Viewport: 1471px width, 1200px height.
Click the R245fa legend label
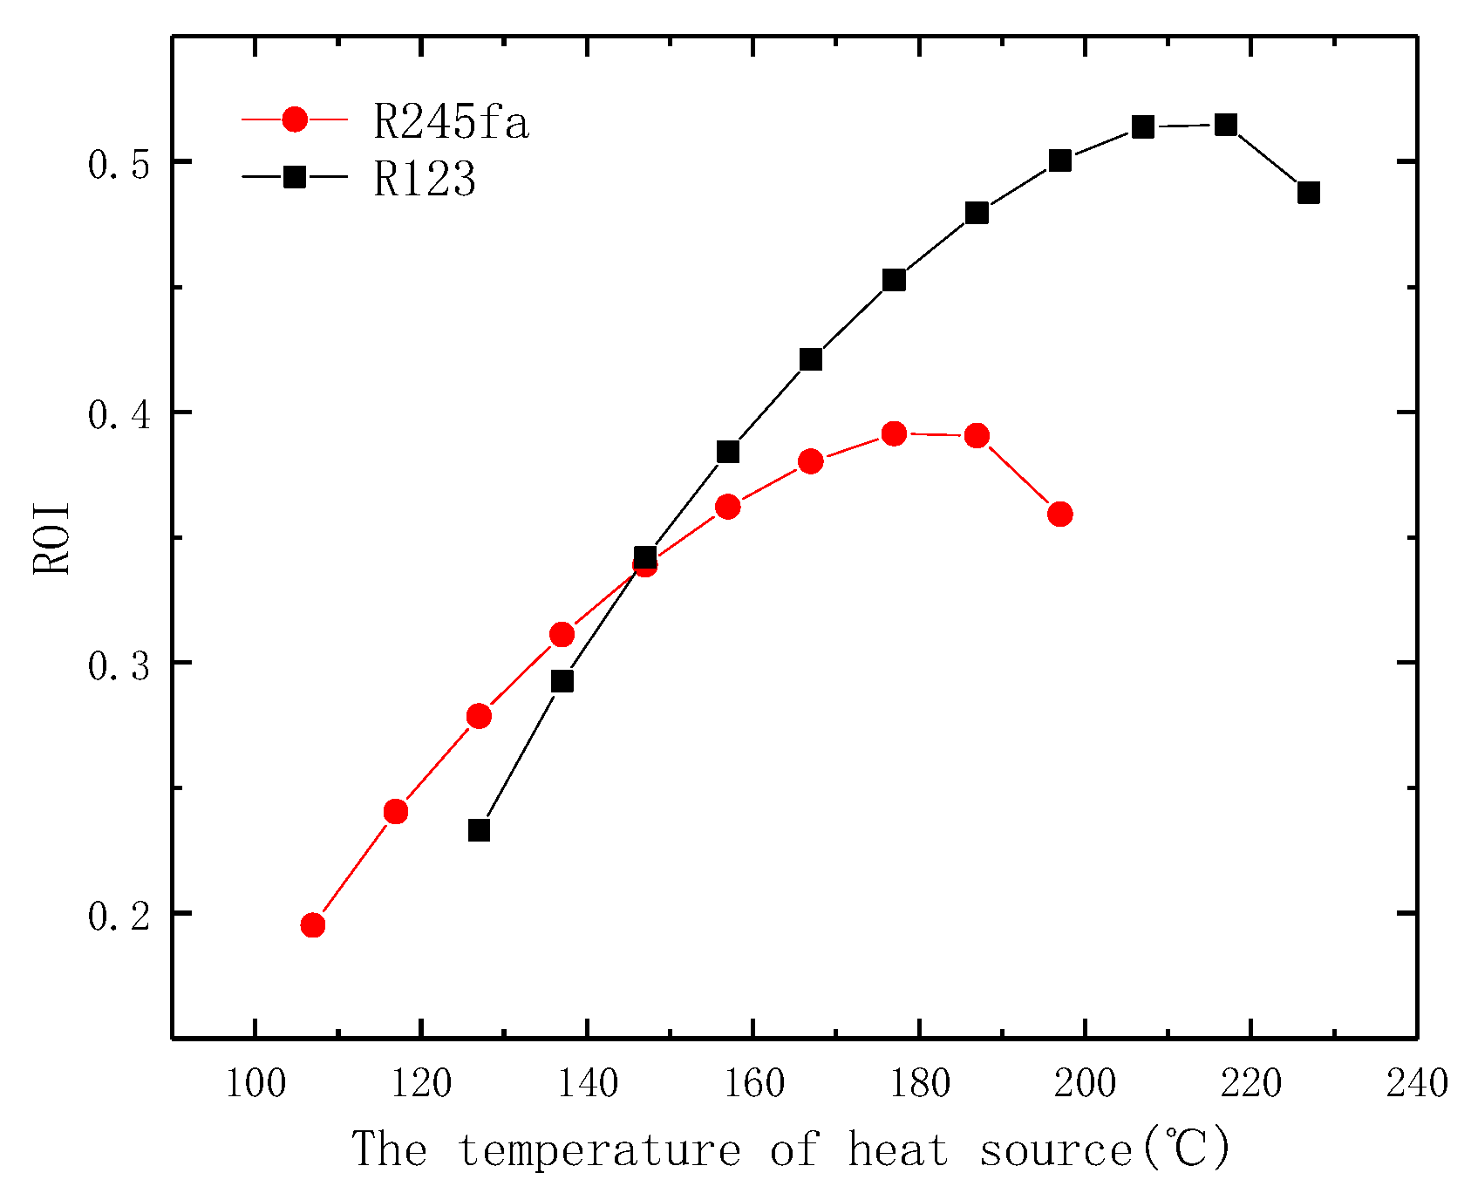[451, 123]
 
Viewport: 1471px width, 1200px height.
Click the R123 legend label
[425, 180]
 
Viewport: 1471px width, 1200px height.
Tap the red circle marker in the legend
[296, 119]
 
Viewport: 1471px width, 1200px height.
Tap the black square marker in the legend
[296, 177]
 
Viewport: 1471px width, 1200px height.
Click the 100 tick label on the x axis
[255, 1084]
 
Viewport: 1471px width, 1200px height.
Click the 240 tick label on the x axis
[1417, 1084]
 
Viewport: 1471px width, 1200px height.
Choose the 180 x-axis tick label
[919, 1084]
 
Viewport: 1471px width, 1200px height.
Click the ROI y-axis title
[51, 538]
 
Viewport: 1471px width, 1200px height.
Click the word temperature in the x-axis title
[599, 1149]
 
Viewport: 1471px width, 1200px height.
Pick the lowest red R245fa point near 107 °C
[313, 925]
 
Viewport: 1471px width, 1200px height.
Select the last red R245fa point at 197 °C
[1060, 514]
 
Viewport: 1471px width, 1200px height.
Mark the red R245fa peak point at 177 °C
[894, 433]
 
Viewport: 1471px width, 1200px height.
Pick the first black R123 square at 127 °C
[479, 830]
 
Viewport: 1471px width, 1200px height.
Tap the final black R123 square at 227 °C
[1309, 193]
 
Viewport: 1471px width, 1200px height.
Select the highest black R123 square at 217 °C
[1226, 125]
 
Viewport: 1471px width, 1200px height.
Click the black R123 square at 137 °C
[562, 681]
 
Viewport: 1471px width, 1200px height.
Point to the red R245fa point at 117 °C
[396, 812]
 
